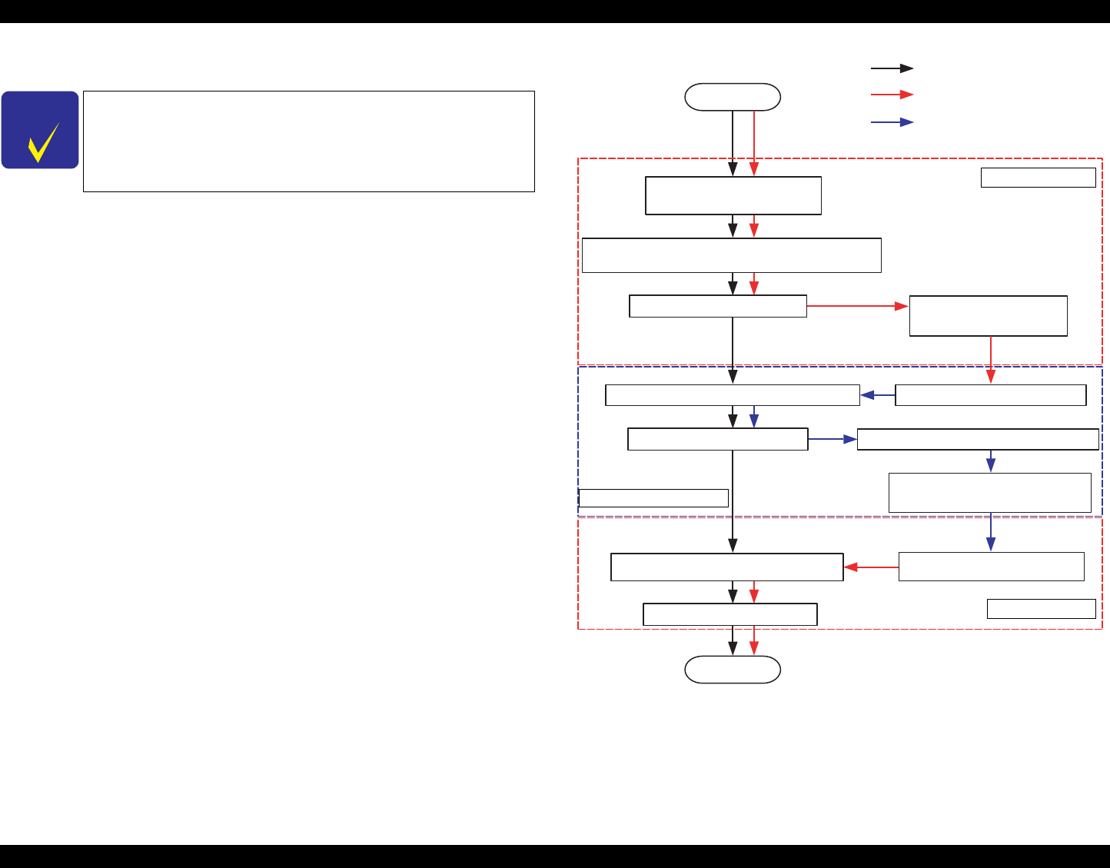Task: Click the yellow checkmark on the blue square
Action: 43,141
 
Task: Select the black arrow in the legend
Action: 892,68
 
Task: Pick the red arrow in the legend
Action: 892,95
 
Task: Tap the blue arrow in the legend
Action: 892,122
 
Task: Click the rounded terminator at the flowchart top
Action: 733,98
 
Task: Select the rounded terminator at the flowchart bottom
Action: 733,670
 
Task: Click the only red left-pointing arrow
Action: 871,567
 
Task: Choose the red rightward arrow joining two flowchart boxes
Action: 858,306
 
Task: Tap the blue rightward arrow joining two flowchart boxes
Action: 832,439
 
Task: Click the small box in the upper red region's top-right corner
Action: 1038,178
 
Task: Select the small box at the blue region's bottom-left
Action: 653,497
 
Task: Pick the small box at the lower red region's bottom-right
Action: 1041,609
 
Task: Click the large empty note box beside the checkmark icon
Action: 308,141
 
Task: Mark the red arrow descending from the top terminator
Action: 754,143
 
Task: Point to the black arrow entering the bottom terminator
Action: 733,640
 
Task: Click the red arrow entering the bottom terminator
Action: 754,640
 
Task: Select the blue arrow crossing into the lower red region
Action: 991,531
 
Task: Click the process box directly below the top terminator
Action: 733,195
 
